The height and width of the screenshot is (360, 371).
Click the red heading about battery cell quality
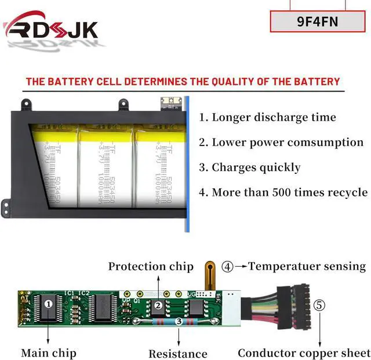(x=183, y=82)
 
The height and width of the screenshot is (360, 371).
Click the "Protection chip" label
(x=151, y=267)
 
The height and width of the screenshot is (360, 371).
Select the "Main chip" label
(x=49, y=352)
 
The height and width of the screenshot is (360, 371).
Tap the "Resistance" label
(x=177, y=354)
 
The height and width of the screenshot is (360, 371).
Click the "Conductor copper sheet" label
(x=304, y=352)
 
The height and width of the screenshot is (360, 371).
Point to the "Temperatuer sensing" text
(x=307, y=267)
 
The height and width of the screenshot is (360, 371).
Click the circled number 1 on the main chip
(x=49, y=303)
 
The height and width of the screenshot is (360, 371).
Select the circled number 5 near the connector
(x=319, y=305)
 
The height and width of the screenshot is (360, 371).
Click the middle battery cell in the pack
(x=106, y=165)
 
